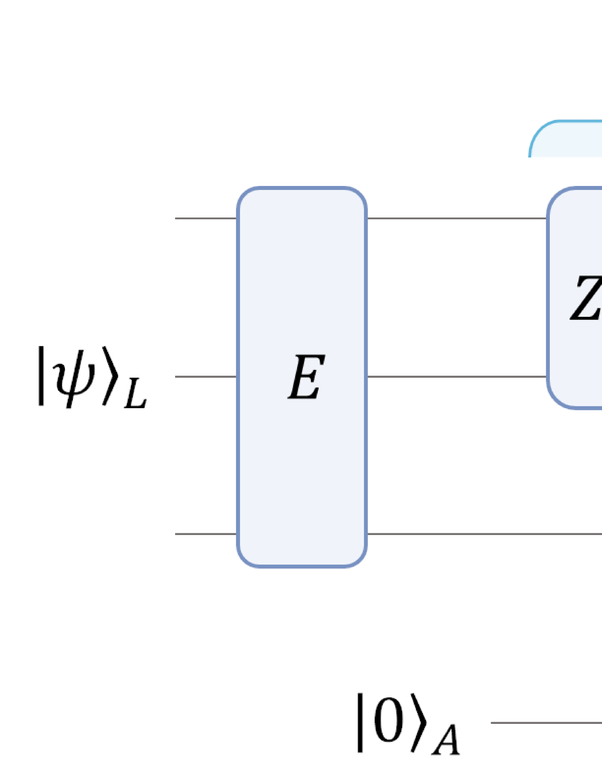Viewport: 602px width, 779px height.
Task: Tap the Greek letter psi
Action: tap(74, 377)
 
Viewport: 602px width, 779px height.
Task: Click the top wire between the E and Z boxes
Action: tap(457, 219)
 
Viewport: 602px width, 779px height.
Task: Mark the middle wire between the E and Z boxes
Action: tap(457, 377)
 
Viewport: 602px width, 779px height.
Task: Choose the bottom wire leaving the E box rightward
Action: tap(482, 534)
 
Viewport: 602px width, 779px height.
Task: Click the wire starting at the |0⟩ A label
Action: tap(544, 723)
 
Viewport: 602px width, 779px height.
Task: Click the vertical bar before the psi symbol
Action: tap(41, 376)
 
